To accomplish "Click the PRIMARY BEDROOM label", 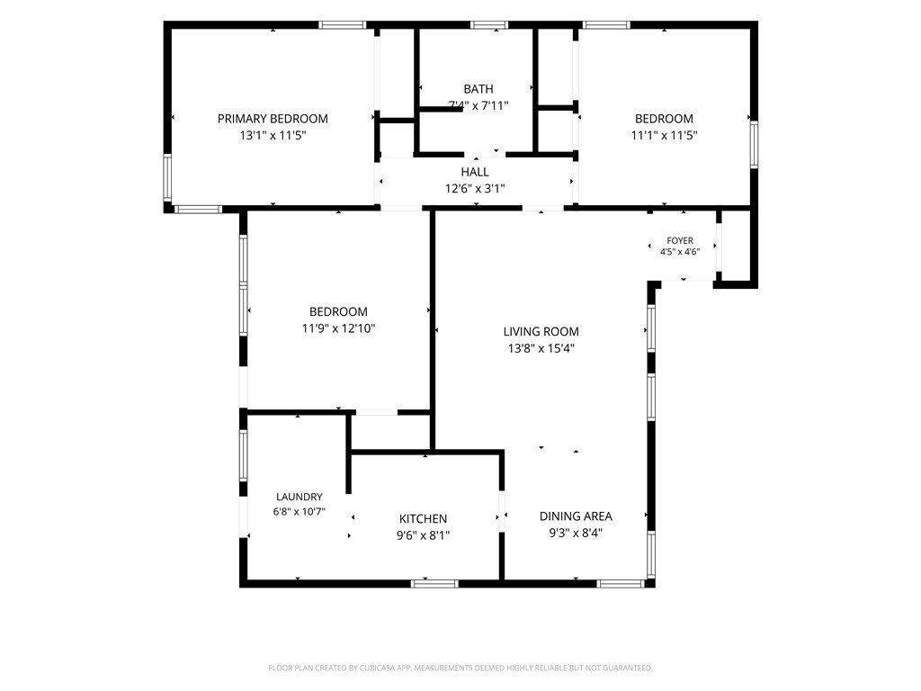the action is click(273, 119).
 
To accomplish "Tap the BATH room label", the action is click(478, 89).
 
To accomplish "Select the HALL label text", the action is click(475, 172).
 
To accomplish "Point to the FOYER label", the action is click(680, 240).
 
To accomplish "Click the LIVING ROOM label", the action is click(541, 331).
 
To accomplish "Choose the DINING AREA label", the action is click(576, 516).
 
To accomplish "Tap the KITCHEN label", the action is click(423, 519).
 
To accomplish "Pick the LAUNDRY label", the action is click(299, 497).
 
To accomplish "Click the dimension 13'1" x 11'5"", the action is click(273, 136).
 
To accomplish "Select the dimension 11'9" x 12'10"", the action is click(338, 328).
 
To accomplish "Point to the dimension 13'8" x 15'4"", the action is click(541, 348).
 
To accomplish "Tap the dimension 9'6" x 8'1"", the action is click(423, 535).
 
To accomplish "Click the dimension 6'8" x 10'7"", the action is click(299, 512).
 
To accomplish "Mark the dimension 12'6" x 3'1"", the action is click(475, 189).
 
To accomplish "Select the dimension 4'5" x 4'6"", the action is click(680, 252).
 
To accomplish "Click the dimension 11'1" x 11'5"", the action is click(664, 136).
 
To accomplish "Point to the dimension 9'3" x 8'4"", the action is click(576, 533).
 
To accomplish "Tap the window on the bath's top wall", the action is click(488, 25).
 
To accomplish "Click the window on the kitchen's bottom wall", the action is click(434, 583).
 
